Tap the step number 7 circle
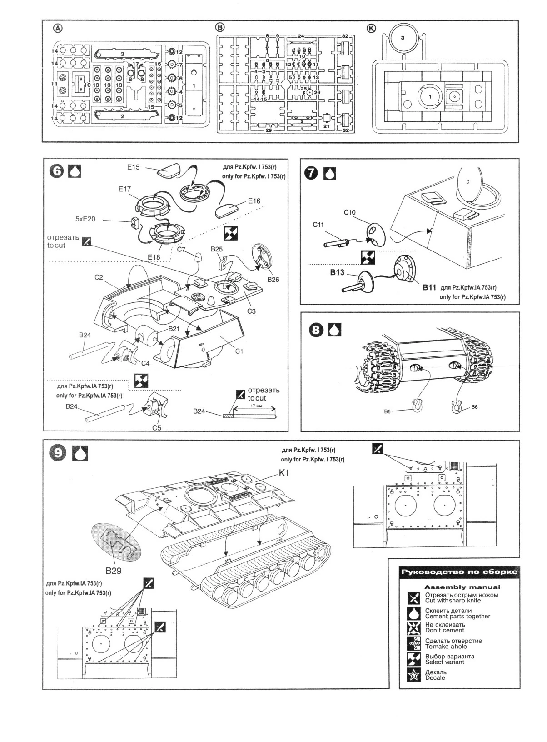pos(312,173)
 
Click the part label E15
pos(133,168)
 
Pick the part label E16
pos(254,201)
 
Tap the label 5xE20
pos(86,219)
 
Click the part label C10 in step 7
pos(349,212)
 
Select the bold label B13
pos(338,273)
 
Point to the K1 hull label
pos(284,473)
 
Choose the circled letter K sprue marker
pos(371,28)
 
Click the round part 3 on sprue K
pos(403,38)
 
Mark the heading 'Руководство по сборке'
pos(458,572)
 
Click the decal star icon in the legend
pos(413,675)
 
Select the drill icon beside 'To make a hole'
pos(413,643)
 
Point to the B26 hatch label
pos(273,280)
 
